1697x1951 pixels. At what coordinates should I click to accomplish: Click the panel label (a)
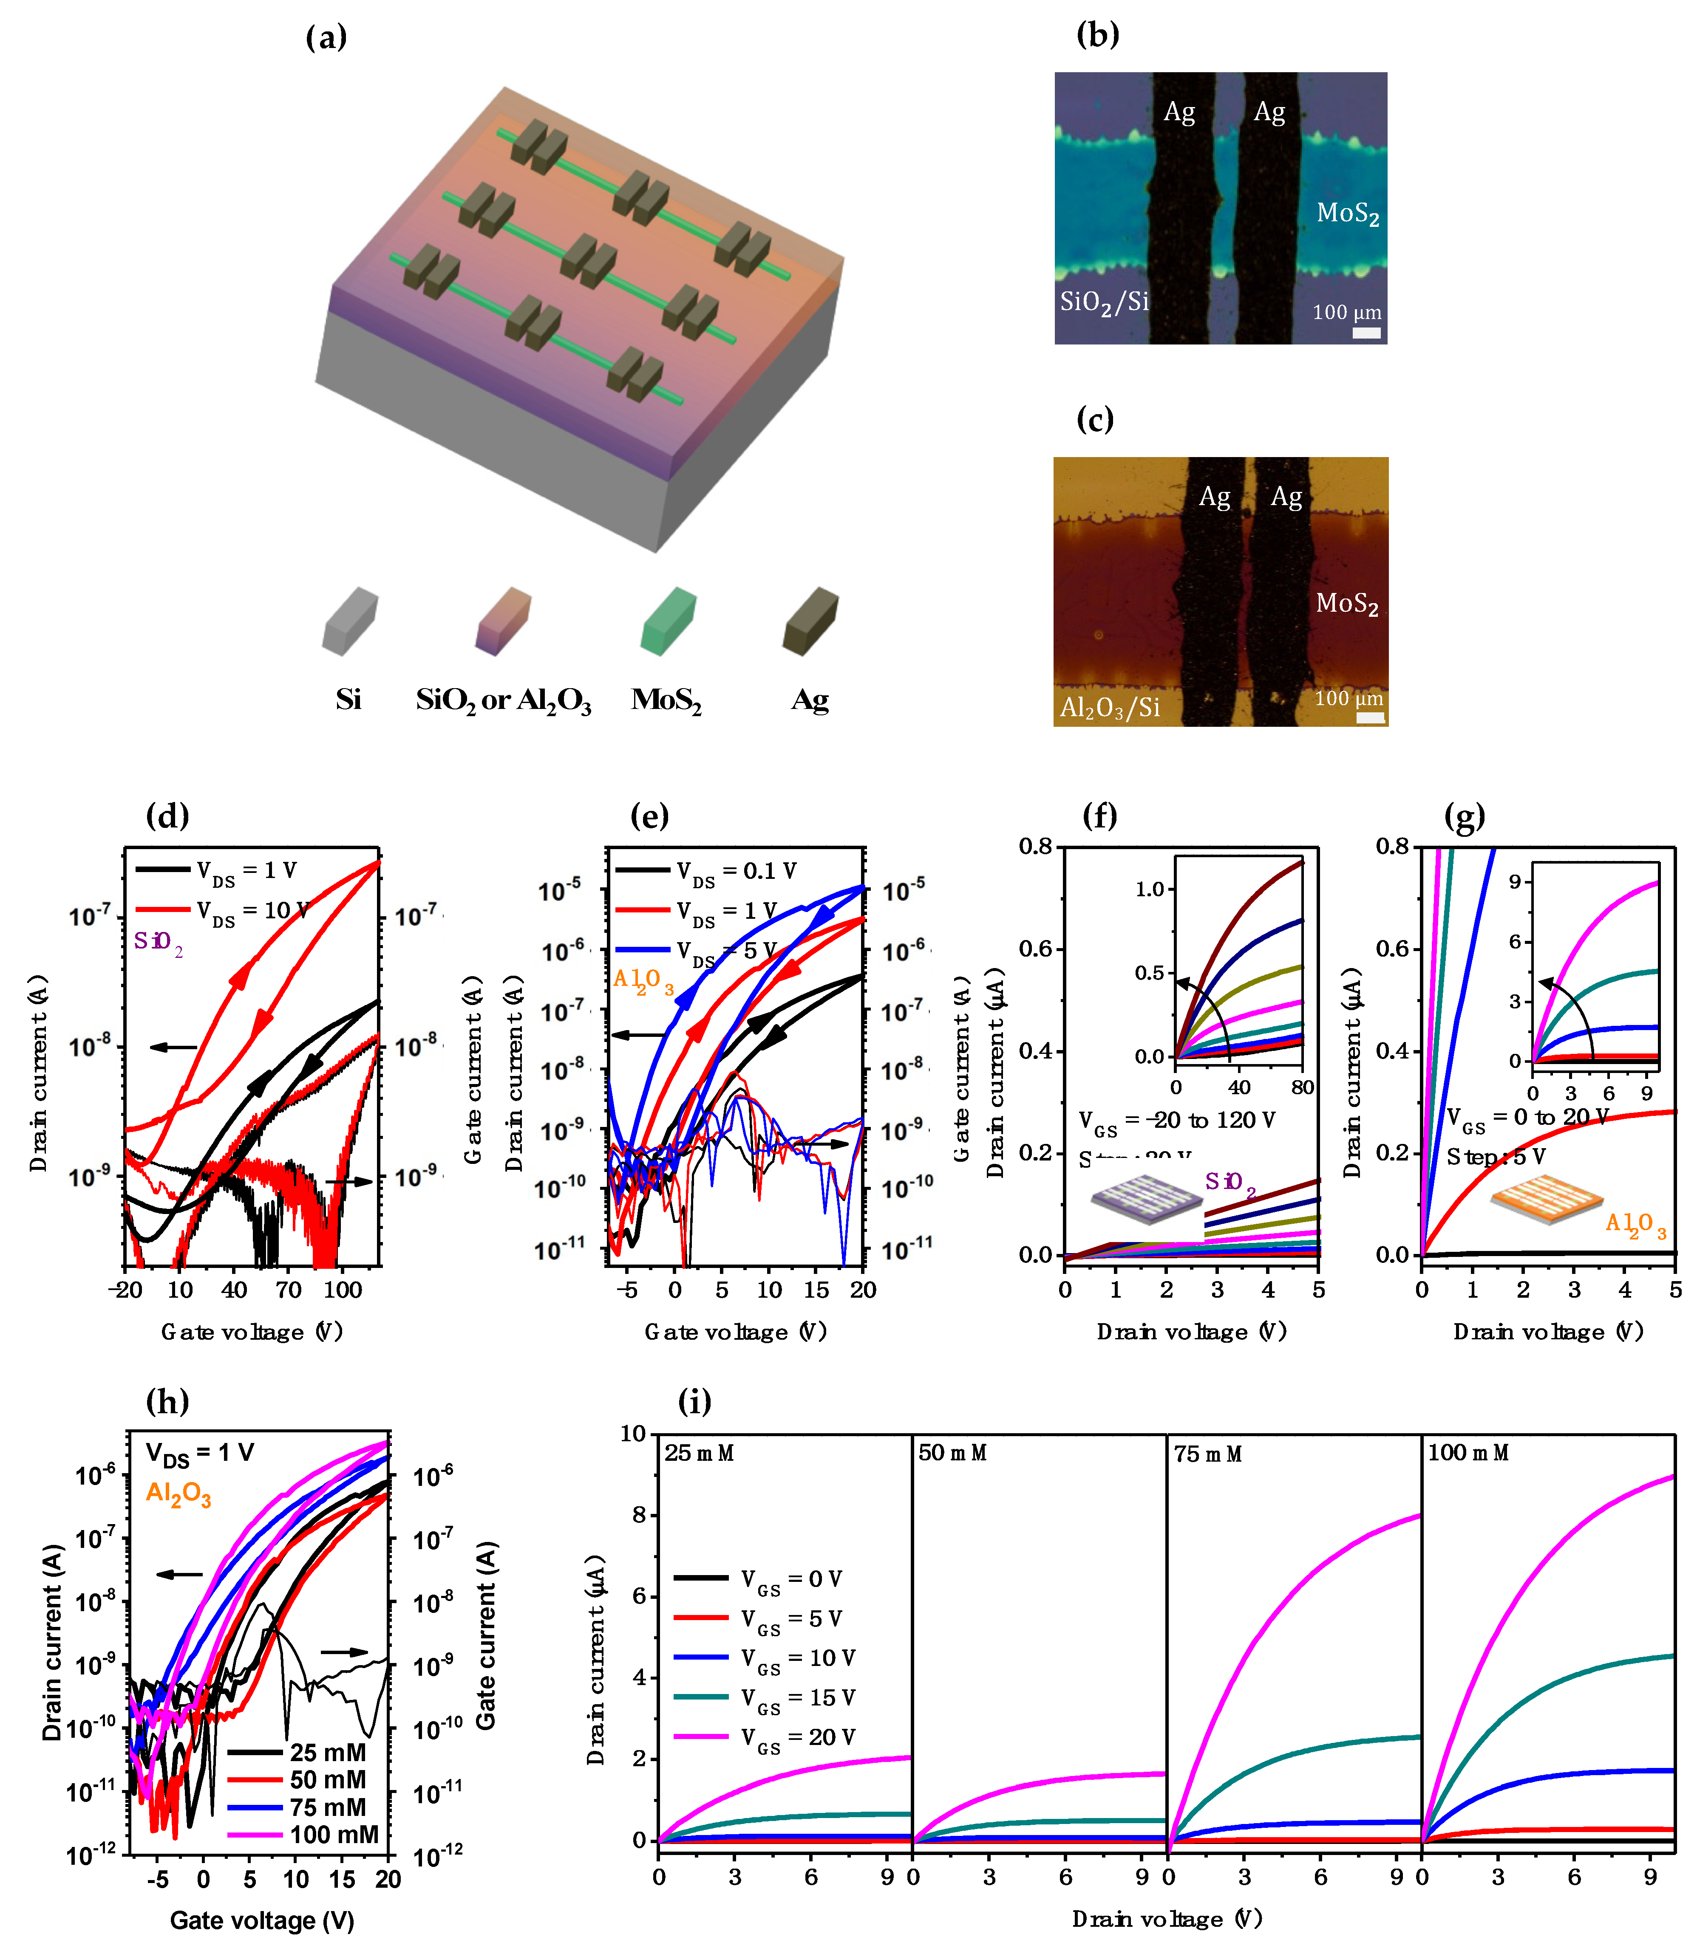click(x=326, y=38)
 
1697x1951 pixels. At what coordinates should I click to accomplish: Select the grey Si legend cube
click(x=349, y=621)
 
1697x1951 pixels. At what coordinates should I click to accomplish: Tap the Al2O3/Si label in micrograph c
click(x=1109, y=707)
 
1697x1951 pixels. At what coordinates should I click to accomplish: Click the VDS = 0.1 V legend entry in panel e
click(x=705, y=871)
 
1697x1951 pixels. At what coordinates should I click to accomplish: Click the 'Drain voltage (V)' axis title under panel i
click(x=1167, y=1919)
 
